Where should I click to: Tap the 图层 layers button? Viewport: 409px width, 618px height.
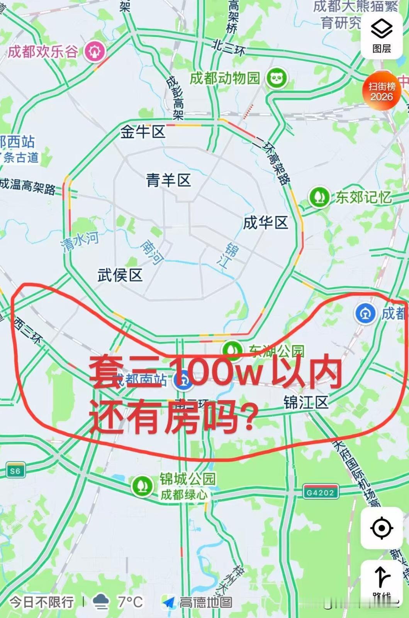pyautogui.click(x=381, y=35)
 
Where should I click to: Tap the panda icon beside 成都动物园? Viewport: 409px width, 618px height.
pyautogui.click(x=277, y=78)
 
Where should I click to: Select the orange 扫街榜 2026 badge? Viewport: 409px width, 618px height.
pyautogui.click(x=382, y=91)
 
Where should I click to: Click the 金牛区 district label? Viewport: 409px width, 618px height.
pyautogui.click(x=143, y=132)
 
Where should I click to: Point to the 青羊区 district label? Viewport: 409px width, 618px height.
pyautogui.click(x=168, y=180)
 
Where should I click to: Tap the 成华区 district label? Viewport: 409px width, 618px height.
pyautogui.click(x=265, y=223)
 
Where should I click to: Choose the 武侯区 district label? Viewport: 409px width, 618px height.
pyautogui.click(x=120, y=275)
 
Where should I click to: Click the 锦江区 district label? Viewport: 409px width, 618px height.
pyautogui.click(x=306, y=402)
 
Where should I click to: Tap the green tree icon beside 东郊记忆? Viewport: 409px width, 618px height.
pyautogui.click(x=319, y=197)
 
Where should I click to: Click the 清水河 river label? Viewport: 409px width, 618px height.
pyautogui.click(x=79, y=241)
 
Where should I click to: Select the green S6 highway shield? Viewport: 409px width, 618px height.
pyautogui.click(x=15, y=470)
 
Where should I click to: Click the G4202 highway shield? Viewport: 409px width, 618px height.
pyautogui.click(x=320, y=492)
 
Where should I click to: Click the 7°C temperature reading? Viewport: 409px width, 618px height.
pyautogui.click(x=130, y=601)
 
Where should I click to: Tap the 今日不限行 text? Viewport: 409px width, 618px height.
pyautogui.click(x=41, y=601)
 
